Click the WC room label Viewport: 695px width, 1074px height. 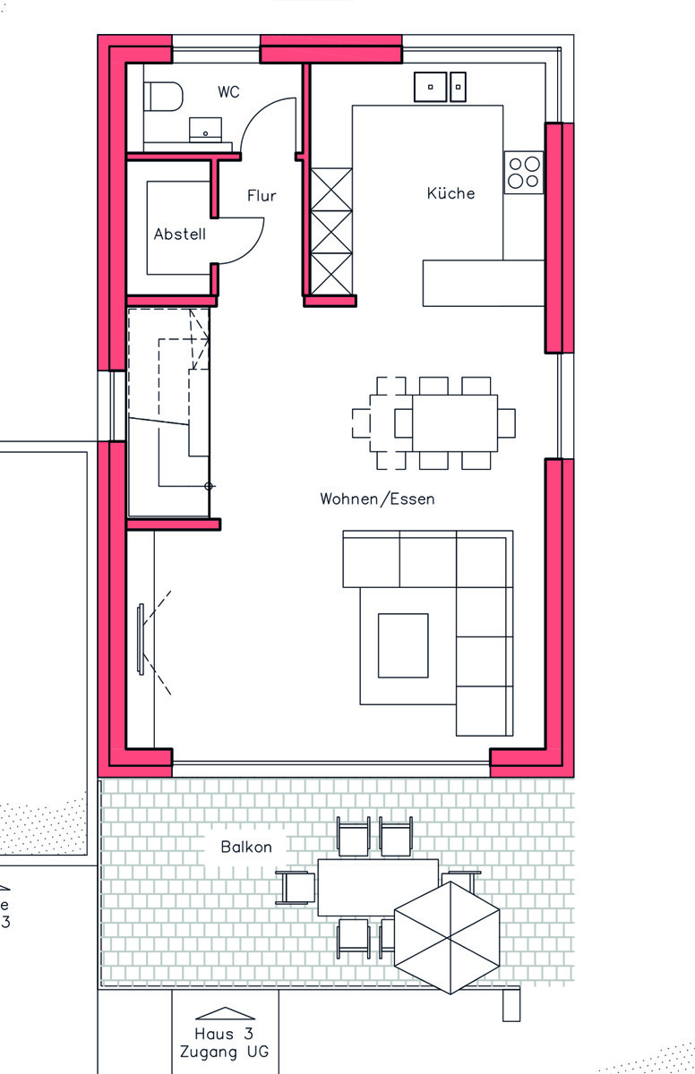(x=228, y=92)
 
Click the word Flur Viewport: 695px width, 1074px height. (x=262, y=195)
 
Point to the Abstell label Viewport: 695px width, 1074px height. (x=179, y=234)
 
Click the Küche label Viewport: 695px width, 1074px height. (x=450, y=192)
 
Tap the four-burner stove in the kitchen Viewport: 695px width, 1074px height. (x=524, y=172)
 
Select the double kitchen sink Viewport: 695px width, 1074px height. (x=440, y=87)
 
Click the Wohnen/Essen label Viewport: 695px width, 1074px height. (x=377, y=499)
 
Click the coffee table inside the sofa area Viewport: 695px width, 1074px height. (x=402, y=644)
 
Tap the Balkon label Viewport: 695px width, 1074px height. (x=246, y=846)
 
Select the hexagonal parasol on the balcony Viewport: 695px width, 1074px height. (x=447, y=936)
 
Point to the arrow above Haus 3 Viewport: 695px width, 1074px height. (x=224, y=1013)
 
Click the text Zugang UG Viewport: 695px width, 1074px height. (x=224, y=1052)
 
